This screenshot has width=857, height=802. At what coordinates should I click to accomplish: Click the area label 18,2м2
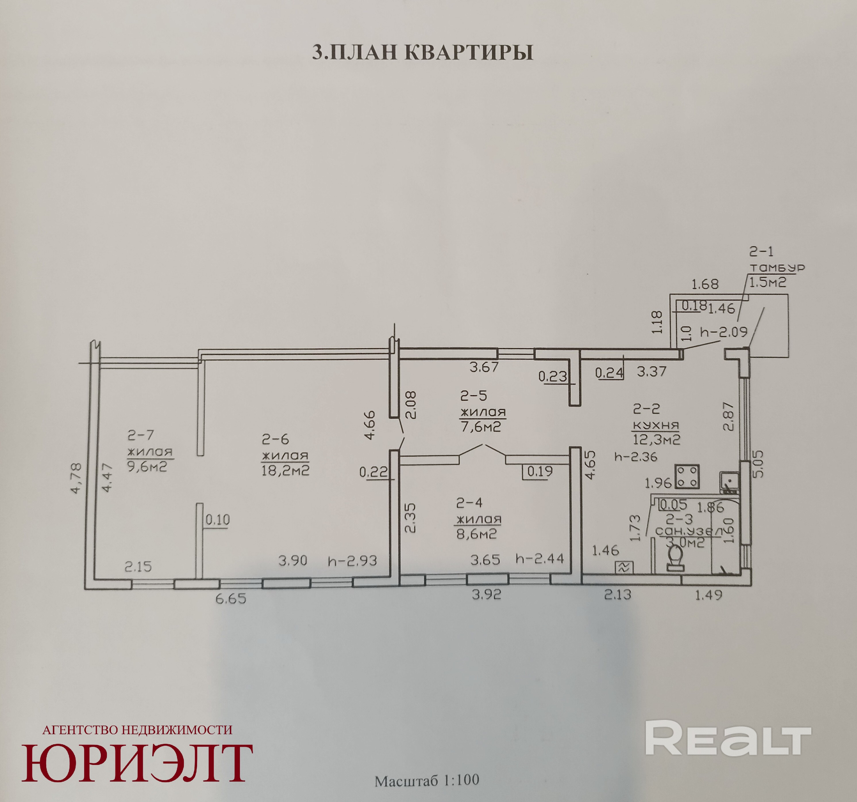coord(285,470)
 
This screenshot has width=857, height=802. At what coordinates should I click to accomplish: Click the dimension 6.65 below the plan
coord(231,599)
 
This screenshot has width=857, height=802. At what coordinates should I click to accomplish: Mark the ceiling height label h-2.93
coord(352,561)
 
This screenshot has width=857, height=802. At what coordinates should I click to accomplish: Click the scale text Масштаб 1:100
coord(427,781)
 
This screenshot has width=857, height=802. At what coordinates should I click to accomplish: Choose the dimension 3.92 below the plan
coord(486,595)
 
